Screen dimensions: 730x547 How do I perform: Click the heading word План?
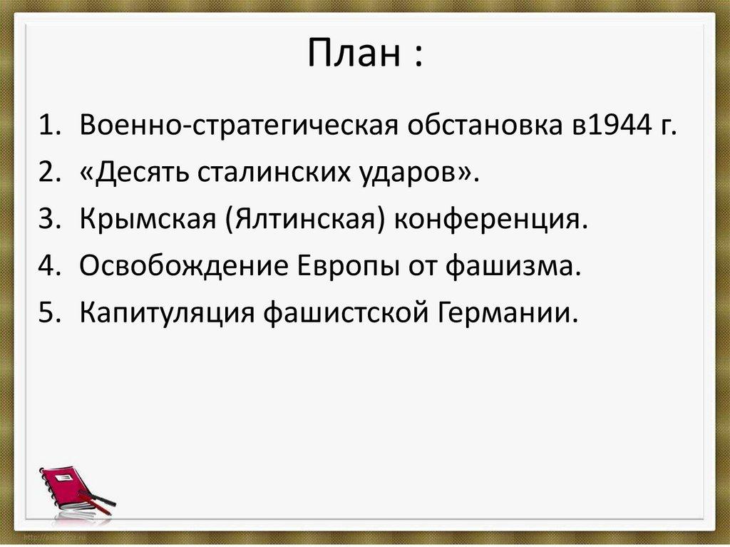click(354, 52)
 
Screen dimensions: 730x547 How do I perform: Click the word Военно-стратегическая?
click(239, 126)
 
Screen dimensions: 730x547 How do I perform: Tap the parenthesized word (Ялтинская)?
click(306, 219)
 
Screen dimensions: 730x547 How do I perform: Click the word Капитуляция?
click(167, 312)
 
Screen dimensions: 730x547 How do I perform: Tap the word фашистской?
click(346, 312)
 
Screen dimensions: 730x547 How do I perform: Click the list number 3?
click(48, 219)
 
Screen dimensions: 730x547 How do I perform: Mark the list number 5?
click(48, 312)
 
